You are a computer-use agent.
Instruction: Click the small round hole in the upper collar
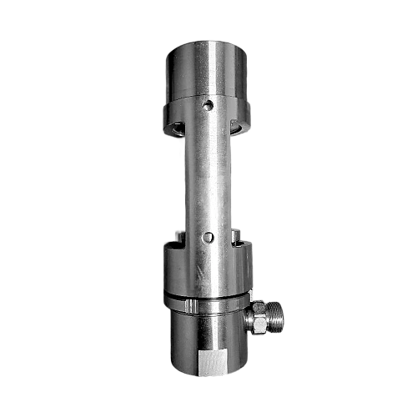209,106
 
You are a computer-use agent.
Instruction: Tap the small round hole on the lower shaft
209,238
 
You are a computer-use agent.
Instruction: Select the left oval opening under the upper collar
177,130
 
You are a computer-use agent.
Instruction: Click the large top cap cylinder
207,71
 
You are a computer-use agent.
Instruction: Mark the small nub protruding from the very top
209,38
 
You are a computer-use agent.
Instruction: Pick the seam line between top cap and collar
207,98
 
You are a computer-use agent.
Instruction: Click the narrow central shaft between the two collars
208,179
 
